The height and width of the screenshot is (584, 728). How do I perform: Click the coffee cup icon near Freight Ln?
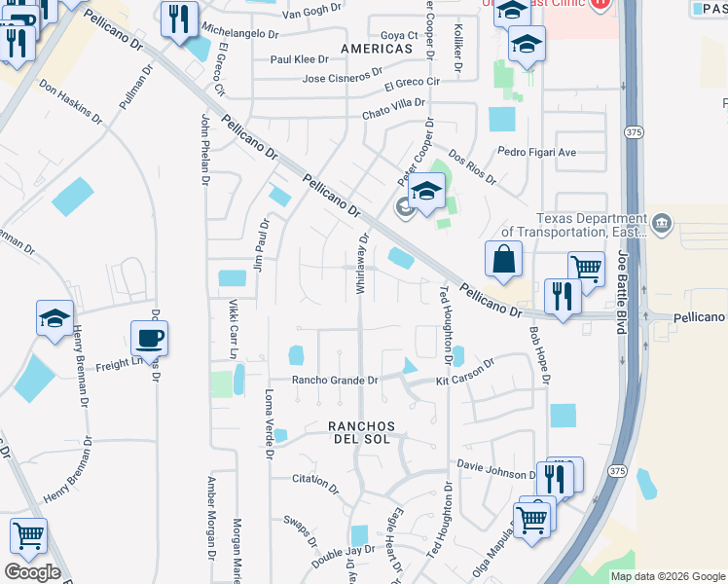tap(149, 339)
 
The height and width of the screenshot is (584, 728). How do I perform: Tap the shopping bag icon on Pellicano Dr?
tap(503, 260)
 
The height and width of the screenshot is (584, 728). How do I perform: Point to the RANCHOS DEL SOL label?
tap(359, 433)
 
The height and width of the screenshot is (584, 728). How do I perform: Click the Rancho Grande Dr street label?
tap(334, 381)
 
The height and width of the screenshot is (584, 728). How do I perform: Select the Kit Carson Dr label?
tap(465, 368)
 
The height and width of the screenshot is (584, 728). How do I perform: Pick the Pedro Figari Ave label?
tap(536, 152)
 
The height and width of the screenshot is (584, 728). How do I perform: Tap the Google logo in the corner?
tap(32, 572)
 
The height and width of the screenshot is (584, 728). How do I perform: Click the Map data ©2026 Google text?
tap(668, 576)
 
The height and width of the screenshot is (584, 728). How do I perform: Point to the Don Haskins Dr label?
tap(70, 101)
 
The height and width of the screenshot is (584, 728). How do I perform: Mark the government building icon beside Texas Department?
tap(662, 225)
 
